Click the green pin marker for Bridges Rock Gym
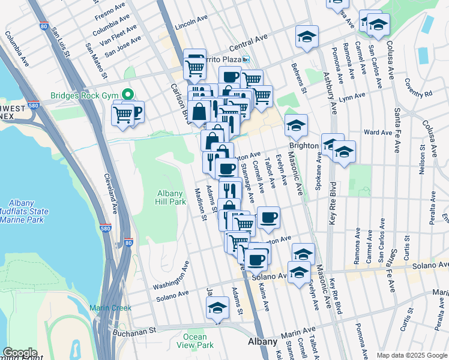(127, 95)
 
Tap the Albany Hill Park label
(171, 197)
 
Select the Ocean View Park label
(199, 341)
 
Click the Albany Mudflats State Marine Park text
(28, 212)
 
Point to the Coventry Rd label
(418, 90)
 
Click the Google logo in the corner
(19, 353)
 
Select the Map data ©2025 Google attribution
(412, 355)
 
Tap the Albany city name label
(262, 341)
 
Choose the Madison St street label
(200, 205)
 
